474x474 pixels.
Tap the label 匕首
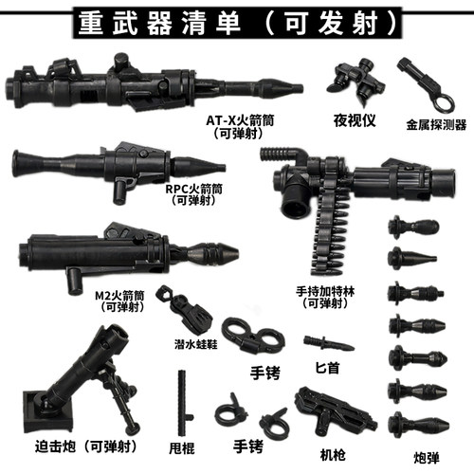[x=320, y=365]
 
